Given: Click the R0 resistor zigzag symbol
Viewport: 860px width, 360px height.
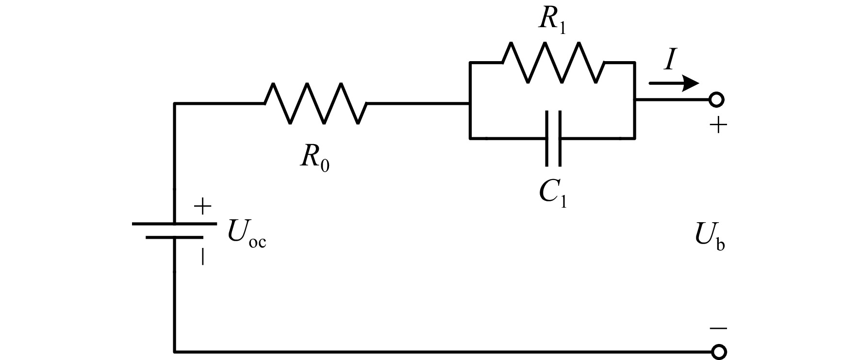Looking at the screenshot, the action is click(x=315, y=103).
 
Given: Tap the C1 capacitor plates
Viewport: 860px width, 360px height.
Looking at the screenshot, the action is click(x=553, y=138).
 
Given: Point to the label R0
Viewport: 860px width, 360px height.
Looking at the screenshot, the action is click(x=314, y=159).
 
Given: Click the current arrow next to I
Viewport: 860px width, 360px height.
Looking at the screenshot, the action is click(x=674, y=83).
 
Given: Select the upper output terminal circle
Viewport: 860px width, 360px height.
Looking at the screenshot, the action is click(x=716, y=99).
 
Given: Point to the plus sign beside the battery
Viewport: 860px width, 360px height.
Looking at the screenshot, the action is click(x=203, y=208).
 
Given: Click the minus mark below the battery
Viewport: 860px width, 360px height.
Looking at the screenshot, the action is click(x=203, y=257).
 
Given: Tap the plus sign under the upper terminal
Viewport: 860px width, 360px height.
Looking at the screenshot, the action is click(x=718, y=126).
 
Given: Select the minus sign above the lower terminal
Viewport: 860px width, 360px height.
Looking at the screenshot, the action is click(x=718, y=328).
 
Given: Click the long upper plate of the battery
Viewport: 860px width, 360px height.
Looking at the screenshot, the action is click(x=174, y=224).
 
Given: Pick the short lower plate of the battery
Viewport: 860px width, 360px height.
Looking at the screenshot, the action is click(x=174, y=238).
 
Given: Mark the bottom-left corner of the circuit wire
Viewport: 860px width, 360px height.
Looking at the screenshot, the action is click(x=175, y=351).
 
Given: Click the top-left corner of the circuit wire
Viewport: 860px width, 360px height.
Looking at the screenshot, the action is click(x=175, y=103).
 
